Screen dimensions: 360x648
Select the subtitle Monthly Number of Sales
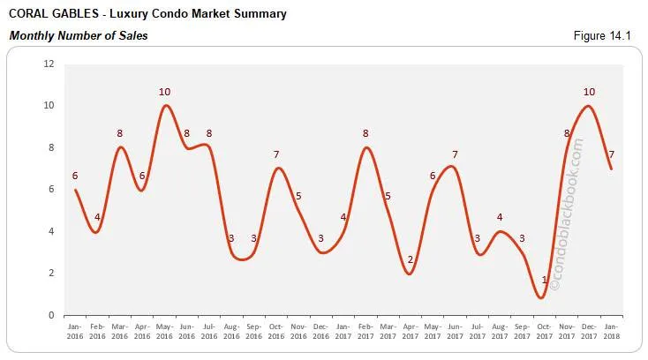pos(78,35)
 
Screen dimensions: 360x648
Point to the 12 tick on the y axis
pos(49,64)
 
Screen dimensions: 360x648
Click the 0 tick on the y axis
pos(52,315)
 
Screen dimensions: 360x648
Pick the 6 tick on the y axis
pos(52,190)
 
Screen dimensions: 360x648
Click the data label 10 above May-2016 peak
pos(164,92)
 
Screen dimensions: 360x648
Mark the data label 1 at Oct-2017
pos(545,281)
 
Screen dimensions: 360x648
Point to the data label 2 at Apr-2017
pos(410,259)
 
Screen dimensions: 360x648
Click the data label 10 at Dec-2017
pos(590,92)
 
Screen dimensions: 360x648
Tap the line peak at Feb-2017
pos(365,147)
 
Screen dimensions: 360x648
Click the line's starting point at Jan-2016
pos(75,190)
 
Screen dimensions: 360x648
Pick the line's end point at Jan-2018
pos(611,169)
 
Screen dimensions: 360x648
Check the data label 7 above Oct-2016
pos(276,155)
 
